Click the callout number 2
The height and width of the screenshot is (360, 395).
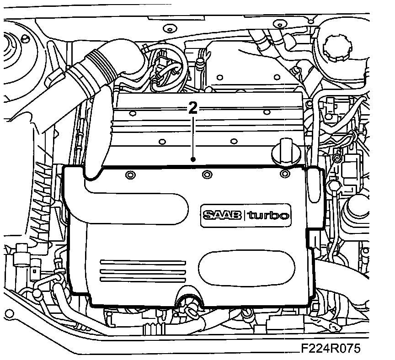pos(193,108)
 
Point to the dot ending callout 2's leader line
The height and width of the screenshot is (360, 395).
pos(193,159)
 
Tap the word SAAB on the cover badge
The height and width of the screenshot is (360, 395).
pos(223,215)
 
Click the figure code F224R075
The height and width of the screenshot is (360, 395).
pos(331,349)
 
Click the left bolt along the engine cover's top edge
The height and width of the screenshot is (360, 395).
pos(129,175)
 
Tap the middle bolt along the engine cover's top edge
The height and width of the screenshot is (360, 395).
pos(207,174)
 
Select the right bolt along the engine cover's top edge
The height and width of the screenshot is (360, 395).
pos(284,174)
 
